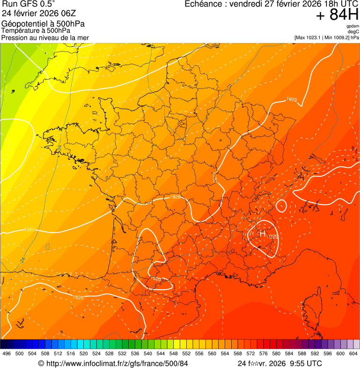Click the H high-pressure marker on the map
click(x=262, y=233)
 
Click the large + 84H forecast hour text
click(x=337, y=15)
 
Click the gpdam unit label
click(x=353, y=26)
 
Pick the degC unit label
click(x=353, y=31)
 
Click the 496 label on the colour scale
click(x=7, y=353)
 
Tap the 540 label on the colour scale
click(x=148, y=353)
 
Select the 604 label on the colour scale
click(x=353, y=353)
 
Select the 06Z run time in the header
click(x=66, y=14)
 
